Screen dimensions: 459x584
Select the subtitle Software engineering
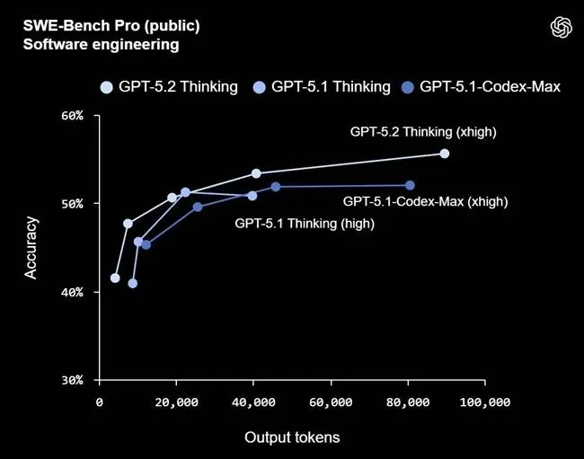pos(88,43)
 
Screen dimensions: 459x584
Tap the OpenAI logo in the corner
pos(562,28)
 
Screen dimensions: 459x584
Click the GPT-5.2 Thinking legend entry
pos(168,86)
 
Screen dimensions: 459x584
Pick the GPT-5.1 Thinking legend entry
pos(321,86)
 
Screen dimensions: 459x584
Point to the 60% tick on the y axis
pos(72,115)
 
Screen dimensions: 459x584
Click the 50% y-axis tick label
pos(72,203)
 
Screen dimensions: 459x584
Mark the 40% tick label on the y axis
pos(72,292)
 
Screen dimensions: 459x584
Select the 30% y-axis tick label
pos(72,380)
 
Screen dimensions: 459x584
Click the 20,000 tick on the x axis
pos(176,403)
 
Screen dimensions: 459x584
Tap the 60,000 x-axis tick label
pos(331,403)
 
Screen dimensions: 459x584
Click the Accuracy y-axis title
pos(31,247)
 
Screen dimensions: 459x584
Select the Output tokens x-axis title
pos(292,437)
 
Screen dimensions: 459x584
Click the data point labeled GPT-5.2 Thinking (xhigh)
pos(445,154)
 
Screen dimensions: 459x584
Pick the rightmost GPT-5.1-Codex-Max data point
pos(410,185)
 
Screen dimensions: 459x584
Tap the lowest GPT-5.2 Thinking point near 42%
pos(115,278)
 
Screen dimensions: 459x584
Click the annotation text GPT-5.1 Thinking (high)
pos(304,224)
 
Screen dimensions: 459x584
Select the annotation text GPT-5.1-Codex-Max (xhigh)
pos(425,202)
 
